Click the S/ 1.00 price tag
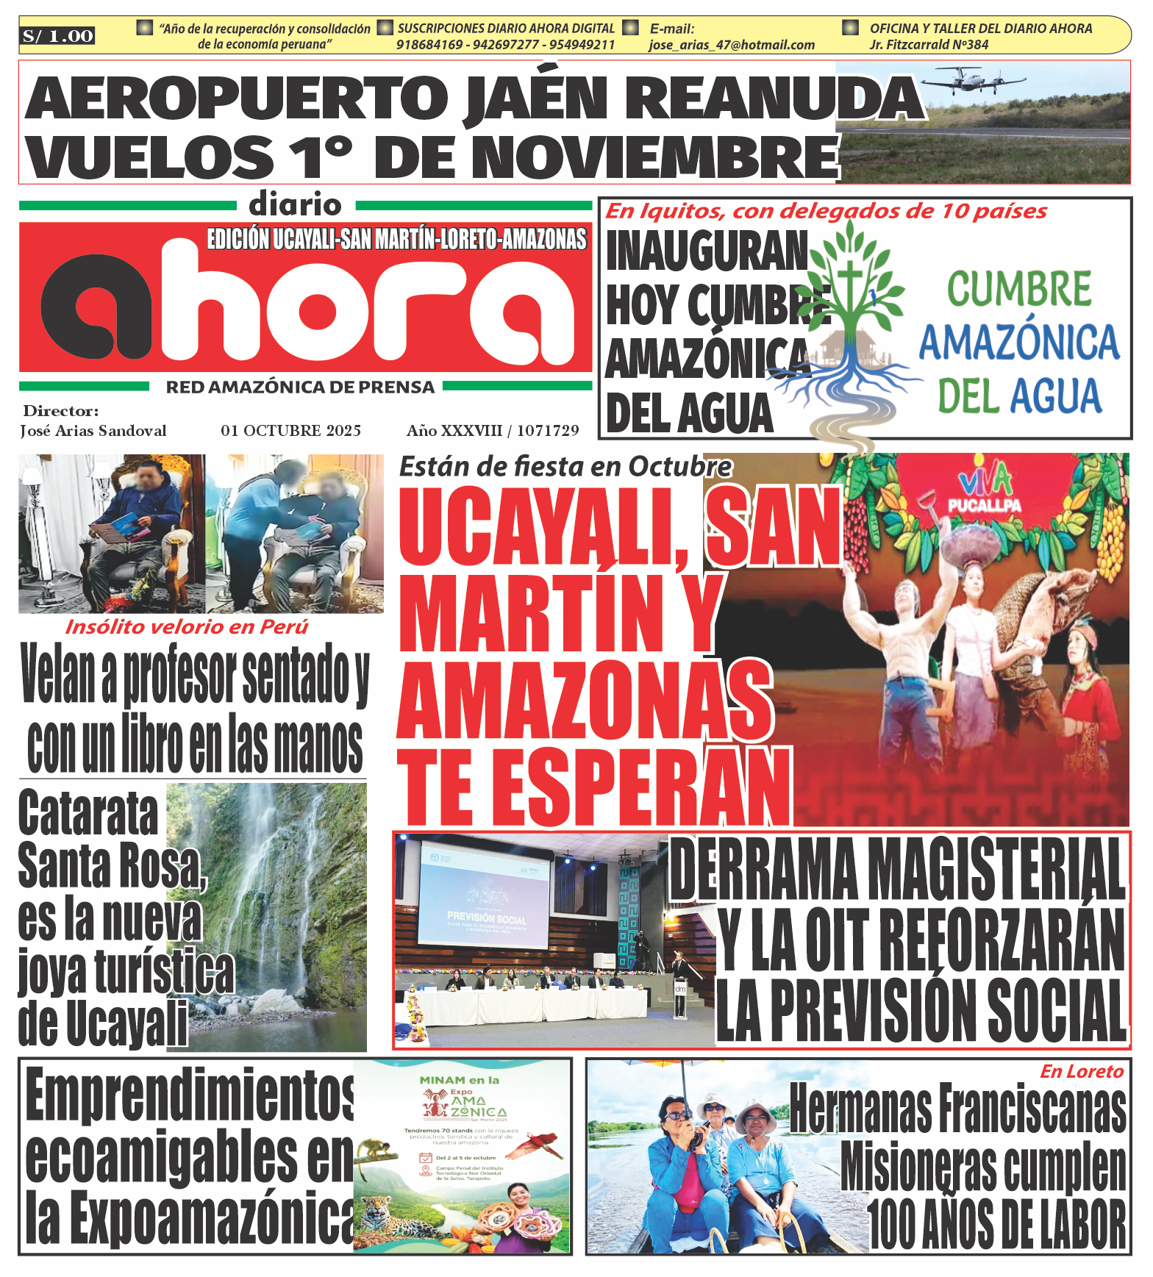coord(58,36)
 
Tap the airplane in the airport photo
coord(971,79)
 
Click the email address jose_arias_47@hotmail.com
coord(732,45)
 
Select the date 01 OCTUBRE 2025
coord(290,431)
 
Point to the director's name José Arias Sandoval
coord(93,431)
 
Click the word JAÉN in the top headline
coord(535,98)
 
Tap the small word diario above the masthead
coord(295,204)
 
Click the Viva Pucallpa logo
coord(984,492)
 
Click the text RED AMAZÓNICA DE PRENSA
coord(300,387)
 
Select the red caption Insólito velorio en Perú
coord(187,627)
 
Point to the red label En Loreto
coord(1082,1072)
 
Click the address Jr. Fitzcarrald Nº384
coord(929,45)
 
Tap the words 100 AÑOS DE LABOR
coord(997,1224)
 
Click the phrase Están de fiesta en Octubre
coord(565,467)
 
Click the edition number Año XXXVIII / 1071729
coord(493,431)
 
